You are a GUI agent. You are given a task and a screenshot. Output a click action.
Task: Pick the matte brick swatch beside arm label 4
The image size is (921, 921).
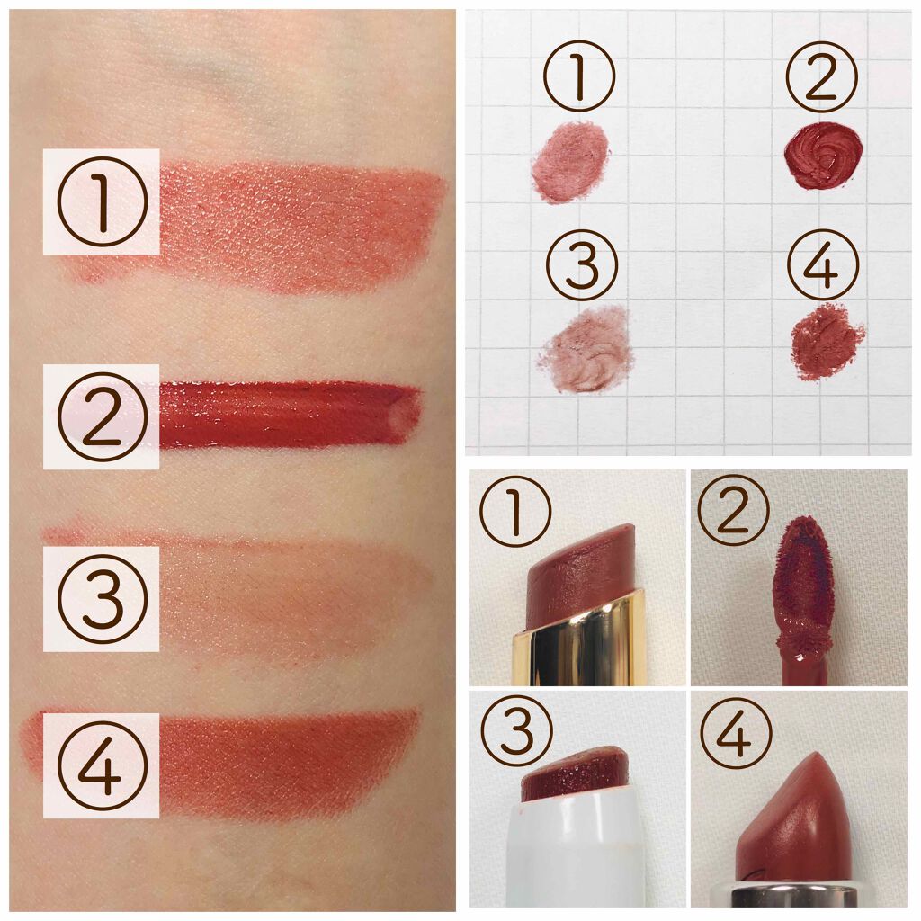coord(288,764)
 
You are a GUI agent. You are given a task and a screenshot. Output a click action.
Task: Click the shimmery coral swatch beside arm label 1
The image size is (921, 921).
coord(300,226)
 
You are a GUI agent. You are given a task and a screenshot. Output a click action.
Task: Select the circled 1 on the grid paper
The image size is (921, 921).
coord(579,76)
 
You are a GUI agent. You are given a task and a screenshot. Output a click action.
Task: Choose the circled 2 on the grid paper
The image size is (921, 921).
coord(822,76)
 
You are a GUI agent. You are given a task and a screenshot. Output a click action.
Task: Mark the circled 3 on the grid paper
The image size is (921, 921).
coord(582,265)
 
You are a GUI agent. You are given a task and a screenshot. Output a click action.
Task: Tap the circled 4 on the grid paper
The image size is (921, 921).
coord(823,265)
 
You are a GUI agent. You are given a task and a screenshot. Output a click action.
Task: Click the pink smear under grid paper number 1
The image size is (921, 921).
coord(570,162)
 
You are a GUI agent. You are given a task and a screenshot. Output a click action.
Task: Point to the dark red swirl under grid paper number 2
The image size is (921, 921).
coord(823,155)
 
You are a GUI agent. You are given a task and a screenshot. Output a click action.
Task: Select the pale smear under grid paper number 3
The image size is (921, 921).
coord(586,349)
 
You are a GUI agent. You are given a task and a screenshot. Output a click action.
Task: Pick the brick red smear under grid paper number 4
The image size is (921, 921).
coord(827,341)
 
